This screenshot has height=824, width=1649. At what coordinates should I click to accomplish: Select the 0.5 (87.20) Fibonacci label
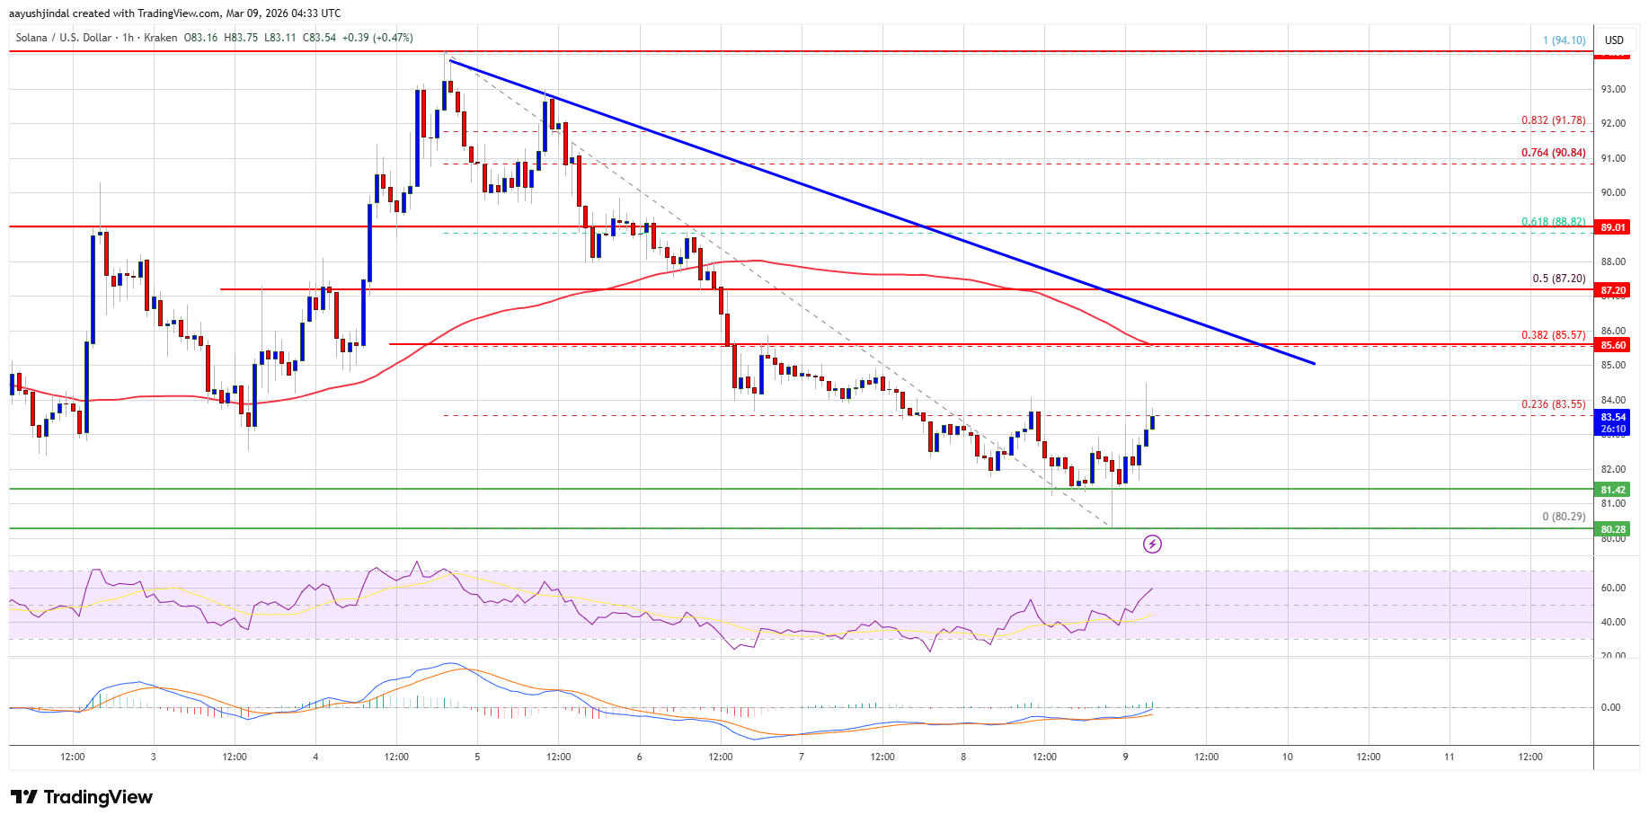[1558, 279]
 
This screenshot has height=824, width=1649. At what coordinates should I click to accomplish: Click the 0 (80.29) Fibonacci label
[1564, 517]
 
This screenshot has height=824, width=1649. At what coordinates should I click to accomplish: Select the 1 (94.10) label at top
[1564, 40]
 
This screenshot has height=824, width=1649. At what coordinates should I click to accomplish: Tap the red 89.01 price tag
[1613, 227]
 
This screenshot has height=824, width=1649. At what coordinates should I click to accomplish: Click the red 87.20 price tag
[1613, 290]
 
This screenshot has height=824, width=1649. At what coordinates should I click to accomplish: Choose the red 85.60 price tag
[1613, 345]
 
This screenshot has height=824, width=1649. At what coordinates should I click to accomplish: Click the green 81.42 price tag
[1613, 490]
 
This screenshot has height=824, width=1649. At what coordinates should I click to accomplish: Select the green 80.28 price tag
[1613, 529]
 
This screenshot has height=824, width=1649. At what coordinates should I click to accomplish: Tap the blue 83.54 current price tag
[1613, 417]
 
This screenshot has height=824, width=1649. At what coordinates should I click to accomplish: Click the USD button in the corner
[1614, 40]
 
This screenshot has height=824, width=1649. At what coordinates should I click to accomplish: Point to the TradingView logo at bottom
[82, 797]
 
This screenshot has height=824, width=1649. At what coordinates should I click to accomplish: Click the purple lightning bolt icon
[1152, 544]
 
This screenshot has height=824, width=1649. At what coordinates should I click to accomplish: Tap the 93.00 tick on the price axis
[1613, 89]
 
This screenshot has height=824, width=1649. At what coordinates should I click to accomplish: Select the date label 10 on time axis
[1287, 757]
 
